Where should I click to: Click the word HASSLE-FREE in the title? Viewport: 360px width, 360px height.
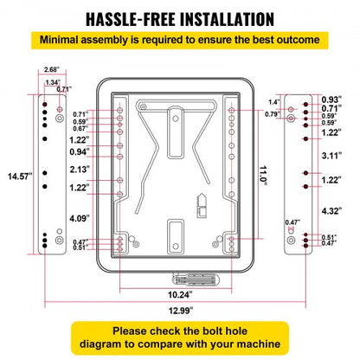[x=131, y=20]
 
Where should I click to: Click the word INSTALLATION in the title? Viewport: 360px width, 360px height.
[x=227, y=20]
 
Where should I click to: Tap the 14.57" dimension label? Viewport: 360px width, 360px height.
[x=20, y=177]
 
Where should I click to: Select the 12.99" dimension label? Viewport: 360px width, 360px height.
[x=181, y=311]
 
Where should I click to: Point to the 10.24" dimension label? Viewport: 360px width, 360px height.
[x=180, y=294]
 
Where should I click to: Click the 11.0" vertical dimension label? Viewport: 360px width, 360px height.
[x=263, y=176]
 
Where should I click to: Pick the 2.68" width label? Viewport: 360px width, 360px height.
[x=52, y=69]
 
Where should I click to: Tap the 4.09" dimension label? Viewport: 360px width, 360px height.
[x=80, y=218]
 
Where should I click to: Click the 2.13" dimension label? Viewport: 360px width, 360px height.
[x=80, y=170]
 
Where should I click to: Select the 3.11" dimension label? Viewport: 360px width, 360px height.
[x=331, y=156]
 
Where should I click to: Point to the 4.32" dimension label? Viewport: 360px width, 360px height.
[x=331, y=211]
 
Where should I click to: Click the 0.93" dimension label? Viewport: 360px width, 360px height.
[x=331, y=100]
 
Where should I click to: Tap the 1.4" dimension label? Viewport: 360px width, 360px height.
[x=274, y=102]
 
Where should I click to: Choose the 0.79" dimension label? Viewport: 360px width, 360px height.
[x=273, y=114]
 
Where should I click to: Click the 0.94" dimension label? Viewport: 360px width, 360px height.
[x=80, y=151]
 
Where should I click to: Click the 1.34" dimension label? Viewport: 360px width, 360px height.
[x=53, y=82]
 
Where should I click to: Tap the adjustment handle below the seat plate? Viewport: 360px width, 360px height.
[x=196, y=279]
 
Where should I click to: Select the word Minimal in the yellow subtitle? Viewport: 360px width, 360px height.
[x=59, y=40]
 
